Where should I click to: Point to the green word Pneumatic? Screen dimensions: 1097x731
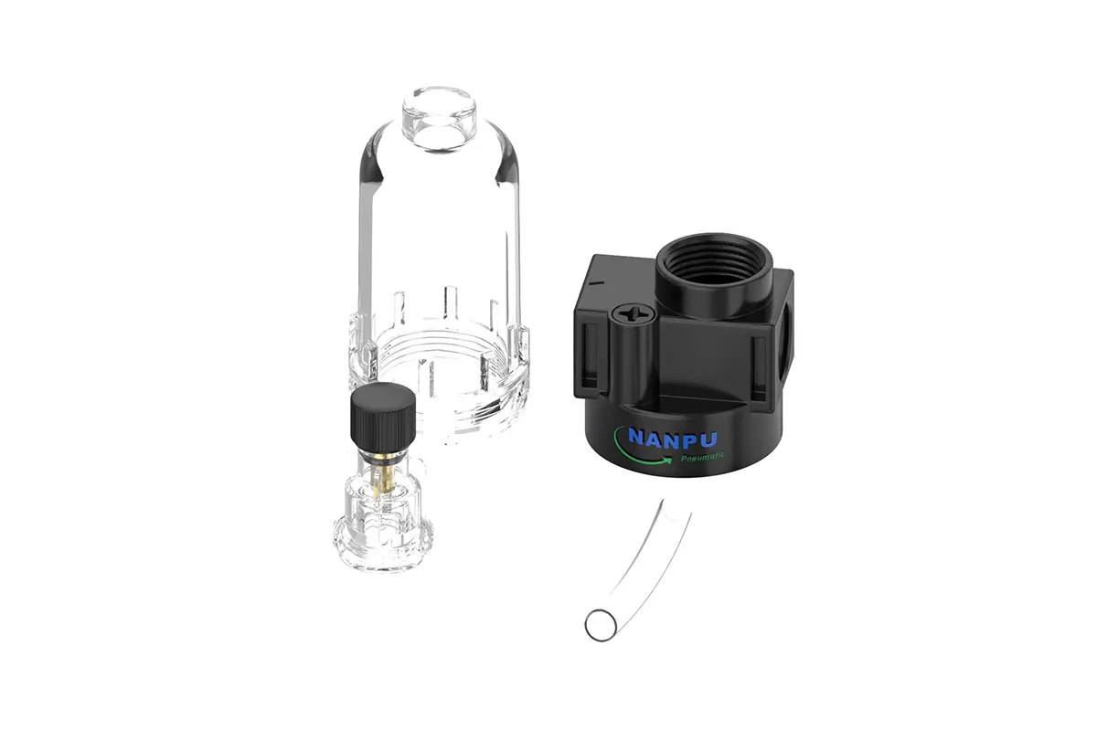[x=702, y=457]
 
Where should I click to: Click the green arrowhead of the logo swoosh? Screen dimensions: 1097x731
[x=666, y=461]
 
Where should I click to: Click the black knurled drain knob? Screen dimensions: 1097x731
[x=382, y=413]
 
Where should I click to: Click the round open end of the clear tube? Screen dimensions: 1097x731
[x=601, y=625]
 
